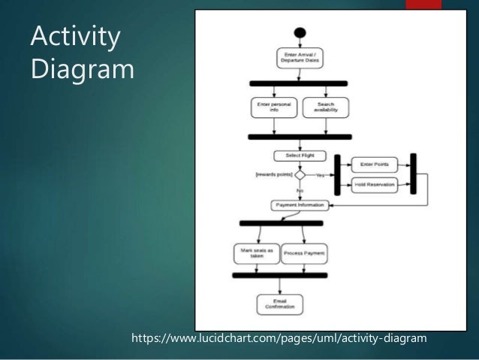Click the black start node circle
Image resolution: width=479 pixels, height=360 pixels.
pos(300,33)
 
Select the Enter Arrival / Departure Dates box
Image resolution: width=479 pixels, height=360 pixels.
pos(299,57)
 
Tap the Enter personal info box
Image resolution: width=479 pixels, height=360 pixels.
pos(273,107)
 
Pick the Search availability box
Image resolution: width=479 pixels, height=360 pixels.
pos(326,107)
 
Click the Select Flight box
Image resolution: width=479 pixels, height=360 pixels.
pos(299,156)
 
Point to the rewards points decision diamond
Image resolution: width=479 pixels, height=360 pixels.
pos(299,174)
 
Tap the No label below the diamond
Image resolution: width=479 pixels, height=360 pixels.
pos(300,191)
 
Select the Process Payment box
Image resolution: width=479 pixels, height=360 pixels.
pos(303,253)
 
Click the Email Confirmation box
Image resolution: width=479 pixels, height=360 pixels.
pos(279,304)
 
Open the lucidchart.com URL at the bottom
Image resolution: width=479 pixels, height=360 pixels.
pos(279,339)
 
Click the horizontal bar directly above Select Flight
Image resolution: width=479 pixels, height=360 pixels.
pos(300,137)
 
